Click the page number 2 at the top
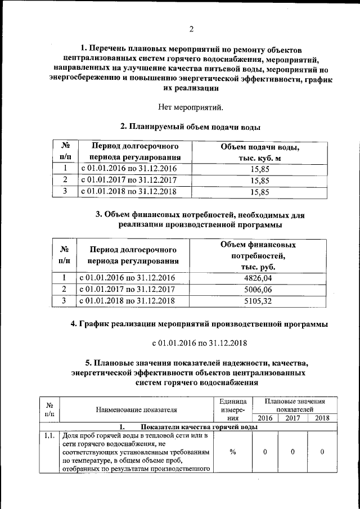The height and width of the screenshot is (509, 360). tap(191, 29)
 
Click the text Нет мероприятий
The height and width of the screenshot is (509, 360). tap(191, 107)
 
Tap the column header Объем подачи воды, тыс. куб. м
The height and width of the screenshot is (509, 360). tap(259, 152)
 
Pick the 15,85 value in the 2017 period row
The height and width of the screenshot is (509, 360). tap(259, 181)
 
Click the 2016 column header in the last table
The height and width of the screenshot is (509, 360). tap(265, 418)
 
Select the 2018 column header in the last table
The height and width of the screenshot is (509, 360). tap(322, 418)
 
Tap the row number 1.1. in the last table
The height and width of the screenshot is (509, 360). tap(49, 435)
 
